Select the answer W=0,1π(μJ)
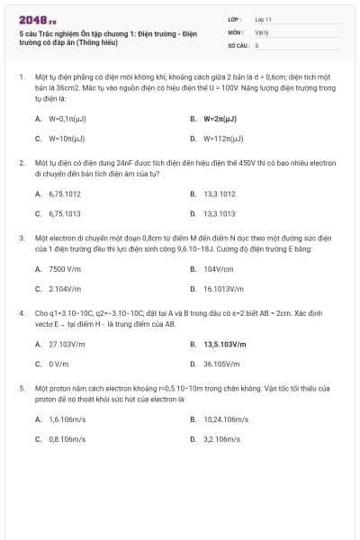pos(66,118)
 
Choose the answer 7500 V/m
pos(65,268)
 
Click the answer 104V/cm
pos(218,268)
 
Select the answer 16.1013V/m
pos(222,289)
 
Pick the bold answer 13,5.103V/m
pos(224,344)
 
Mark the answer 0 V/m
pos(58,364)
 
